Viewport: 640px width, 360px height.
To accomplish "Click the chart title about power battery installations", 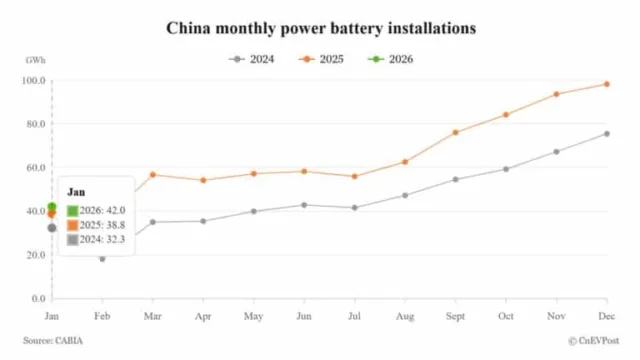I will coord(320,27).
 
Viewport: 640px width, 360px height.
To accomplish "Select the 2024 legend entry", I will coord(251,59).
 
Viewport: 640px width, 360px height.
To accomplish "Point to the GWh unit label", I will coord(35,61).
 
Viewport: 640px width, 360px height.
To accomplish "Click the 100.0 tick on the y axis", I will coord(35,80).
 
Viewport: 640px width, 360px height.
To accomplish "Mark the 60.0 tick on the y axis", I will coord(35,167).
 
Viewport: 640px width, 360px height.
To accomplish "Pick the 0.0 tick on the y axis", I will coord(38,298).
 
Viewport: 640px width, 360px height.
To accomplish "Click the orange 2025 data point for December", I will coord(606,84).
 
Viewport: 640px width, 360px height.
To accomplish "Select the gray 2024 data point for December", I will coord(606,134).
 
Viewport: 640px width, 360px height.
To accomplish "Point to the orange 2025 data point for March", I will coord(153,175).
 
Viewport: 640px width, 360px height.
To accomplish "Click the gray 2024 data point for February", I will coord(102,258).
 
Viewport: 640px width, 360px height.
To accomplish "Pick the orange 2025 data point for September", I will coord(455,132).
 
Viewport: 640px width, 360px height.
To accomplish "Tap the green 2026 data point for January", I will coord(52,207).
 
